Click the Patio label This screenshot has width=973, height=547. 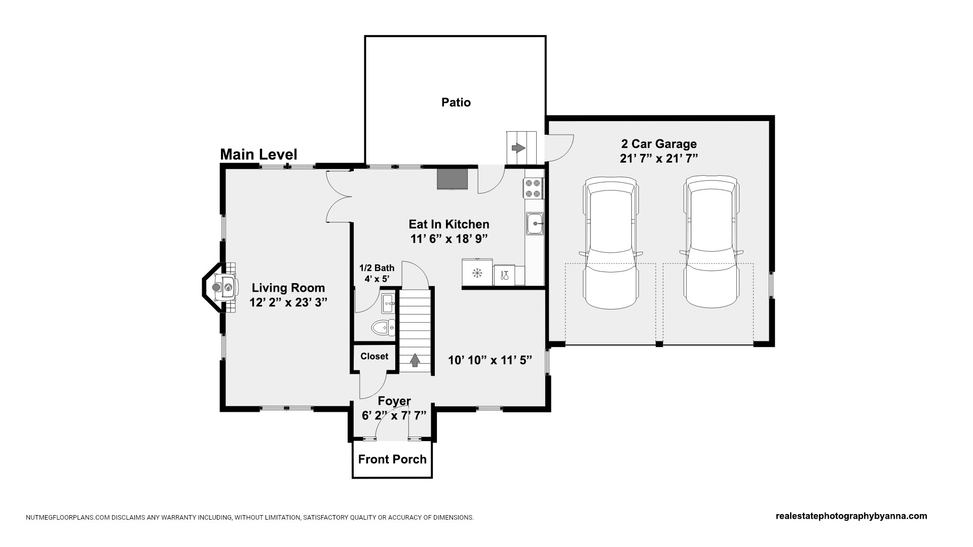tap(456, 102)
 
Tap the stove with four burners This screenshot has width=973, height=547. tap(534, 188)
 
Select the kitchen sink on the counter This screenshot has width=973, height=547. tap(535, 223)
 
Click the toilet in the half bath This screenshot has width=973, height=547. tap(384, 328)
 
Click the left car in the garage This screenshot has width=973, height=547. tap(610, 242)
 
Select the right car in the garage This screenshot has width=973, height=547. tap(710, 242)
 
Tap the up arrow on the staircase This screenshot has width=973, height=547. tap(415, 360)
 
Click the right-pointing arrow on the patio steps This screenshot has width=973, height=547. tap(518, 148)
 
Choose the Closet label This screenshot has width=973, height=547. tap(375, 356)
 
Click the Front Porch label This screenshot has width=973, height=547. tap(392, 459)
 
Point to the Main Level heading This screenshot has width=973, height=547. tap(258, 154)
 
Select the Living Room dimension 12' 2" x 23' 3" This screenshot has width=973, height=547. tap(288, 302)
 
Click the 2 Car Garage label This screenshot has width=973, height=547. tap(659, 144)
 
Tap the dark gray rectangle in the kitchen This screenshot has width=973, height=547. tap(453, 179)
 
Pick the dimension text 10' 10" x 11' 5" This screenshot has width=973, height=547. tap(490, 360)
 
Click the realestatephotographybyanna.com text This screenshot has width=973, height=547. tap(851, 516)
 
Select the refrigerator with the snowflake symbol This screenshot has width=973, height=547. tap(477, 273)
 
